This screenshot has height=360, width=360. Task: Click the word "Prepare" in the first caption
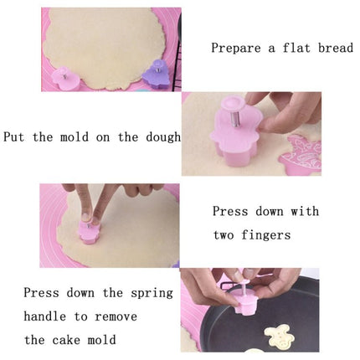click(236, 49)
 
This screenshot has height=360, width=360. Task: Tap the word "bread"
click(336, 48)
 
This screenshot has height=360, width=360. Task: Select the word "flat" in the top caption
click(296, 48)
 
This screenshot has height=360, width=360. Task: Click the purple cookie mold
click(156, 75)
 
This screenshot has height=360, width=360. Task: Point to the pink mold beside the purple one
click(65, 79)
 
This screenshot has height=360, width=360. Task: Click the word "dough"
click(163, 137)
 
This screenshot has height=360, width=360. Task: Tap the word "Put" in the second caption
click(13, 137)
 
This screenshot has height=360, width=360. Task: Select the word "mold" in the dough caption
click(75, 137)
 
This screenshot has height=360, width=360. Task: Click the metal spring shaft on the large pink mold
click(235, 119)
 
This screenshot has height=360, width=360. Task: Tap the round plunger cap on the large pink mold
click(234, 104)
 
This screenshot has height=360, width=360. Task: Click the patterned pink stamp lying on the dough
click(301, 155)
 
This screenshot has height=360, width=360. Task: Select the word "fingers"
click(266, 235)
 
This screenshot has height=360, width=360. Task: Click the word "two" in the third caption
click(224, 235)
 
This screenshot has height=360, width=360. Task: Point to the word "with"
click(305, 211)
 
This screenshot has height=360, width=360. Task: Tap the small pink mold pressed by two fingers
click(89, 232)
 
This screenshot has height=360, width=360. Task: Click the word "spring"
click(152, 294)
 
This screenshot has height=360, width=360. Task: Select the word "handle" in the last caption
click(45, 316)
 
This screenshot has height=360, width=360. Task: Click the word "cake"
click(66, 340)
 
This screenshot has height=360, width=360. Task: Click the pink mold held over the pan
click(244, 301)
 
